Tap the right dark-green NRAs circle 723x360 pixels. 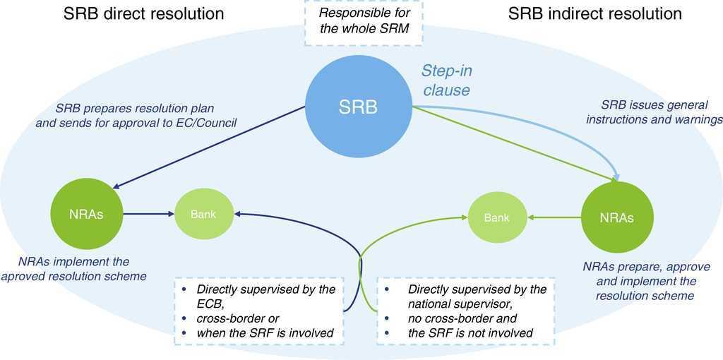[616, 217]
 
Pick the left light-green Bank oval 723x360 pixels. [203, 214]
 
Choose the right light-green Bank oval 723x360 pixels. [497, 217]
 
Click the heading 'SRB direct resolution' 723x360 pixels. [143, 13]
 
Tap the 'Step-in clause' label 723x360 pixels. [446, 80]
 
